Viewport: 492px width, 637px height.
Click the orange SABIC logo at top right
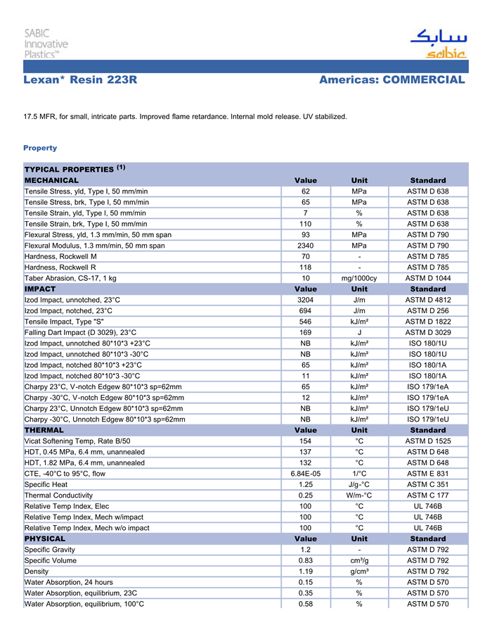437,44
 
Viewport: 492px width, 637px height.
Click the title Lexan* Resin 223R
80,80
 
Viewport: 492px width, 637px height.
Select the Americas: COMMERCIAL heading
391,80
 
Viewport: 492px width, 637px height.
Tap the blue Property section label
40,148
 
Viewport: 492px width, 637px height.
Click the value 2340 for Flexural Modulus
306,246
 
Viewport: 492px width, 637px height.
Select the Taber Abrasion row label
70,278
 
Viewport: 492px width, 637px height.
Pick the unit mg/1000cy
359,278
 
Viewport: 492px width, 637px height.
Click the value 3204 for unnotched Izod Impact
306,300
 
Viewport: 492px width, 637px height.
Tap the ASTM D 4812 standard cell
428,300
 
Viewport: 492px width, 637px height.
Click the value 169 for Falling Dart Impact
306,332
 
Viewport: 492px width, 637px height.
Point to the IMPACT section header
40,289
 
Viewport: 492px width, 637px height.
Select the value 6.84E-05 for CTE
306,474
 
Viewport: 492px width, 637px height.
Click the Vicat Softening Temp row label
77,441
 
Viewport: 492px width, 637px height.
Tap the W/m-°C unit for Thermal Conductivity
359,495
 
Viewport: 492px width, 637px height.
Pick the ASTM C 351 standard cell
428,484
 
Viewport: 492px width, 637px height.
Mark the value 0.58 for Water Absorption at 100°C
306,603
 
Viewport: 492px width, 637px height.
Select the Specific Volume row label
50,560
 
